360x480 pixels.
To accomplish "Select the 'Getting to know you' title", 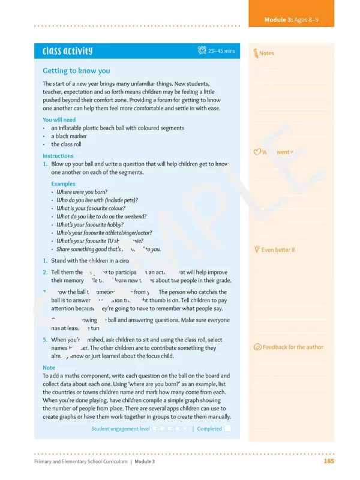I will click(x=76, y=71).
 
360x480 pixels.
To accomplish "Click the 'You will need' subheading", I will click(x=59, y=119).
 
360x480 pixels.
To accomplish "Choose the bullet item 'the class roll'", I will click(x=66, y=145).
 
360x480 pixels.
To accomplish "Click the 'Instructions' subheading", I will click(x=58, y=156).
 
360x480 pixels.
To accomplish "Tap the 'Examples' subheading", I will click(x=63, y=184).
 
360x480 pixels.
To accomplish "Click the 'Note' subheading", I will click(x=49, y=368).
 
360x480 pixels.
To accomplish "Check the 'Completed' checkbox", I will click(x=228, y=429).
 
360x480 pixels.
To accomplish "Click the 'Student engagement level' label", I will click(x=120, y=429).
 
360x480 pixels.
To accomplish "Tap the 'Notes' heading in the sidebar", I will click(x=266, y=53).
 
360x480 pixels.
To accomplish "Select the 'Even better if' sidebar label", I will click(x=278, y=250).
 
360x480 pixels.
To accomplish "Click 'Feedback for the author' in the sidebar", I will click(x=293, y=347).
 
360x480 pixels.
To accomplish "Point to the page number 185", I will click(x=328, y=461).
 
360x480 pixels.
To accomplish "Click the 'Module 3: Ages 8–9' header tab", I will click(x=291, y=20).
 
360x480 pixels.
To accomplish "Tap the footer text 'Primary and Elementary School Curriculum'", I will click(x=80, y=461).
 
